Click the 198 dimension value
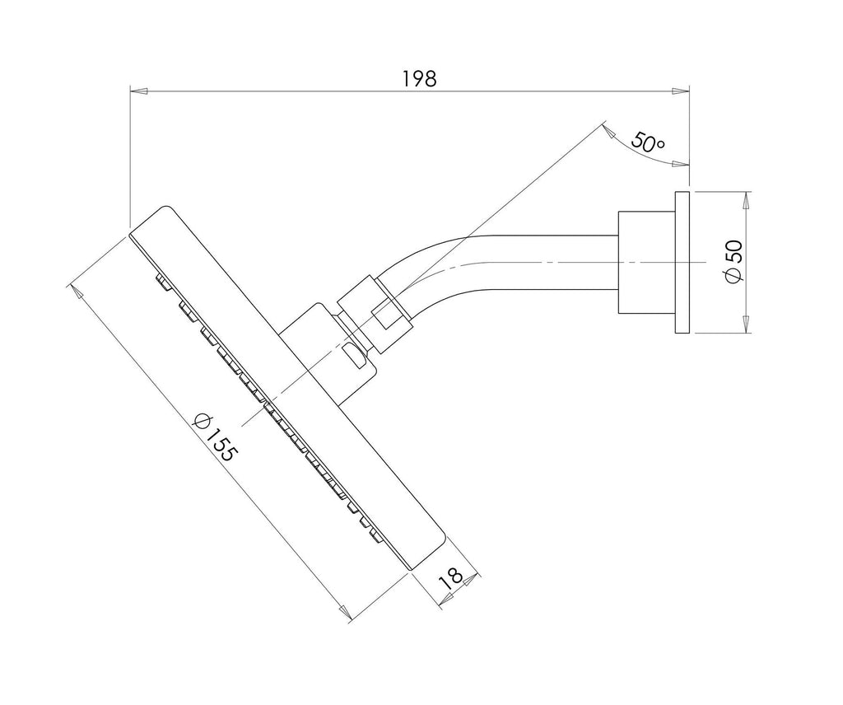click(419, 78)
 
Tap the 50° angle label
click(647, 142)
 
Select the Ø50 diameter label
click(734, 261)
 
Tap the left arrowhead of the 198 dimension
click(138, 91)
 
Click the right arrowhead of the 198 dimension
click(681, 91)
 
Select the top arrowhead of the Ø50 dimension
click(746, 200)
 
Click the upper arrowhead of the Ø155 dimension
click(77, 292)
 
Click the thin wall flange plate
click(682, 262)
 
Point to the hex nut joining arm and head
click(375, 315)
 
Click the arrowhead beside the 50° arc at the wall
click(680, 165)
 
